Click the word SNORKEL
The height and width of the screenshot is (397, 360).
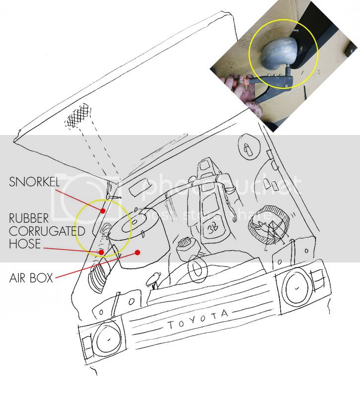click(x=34, y=182)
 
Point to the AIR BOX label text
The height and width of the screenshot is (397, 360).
click(x=31, y=277)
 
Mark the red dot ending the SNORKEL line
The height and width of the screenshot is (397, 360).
click(x=103, y=210)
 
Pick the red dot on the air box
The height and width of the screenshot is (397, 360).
click(x=138, y=252)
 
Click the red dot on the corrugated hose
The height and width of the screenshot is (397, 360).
click(x=102, y=252)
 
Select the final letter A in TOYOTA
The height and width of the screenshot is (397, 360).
click(x=225, y=314)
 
